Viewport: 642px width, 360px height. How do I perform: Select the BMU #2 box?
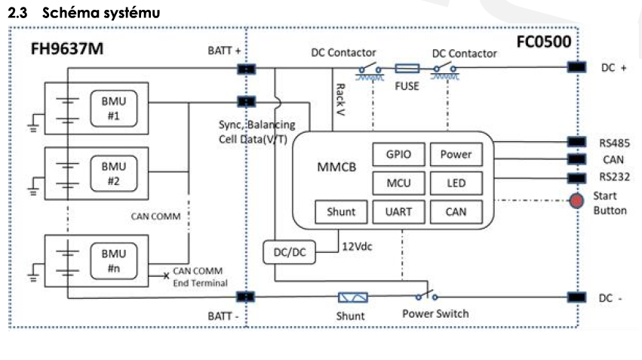click(113, 174)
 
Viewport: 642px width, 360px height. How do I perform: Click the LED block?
click(456, 183)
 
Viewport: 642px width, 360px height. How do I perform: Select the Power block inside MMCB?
click(456, 154)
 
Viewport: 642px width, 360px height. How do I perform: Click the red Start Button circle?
click(576, 202)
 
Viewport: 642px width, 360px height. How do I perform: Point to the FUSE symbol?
click(407, 68)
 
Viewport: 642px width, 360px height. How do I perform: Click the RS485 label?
click(616, 142)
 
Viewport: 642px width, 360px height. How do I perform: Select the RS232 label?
click(616, 178)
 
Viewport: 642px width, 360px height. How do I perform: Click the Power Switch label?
click(435, 313)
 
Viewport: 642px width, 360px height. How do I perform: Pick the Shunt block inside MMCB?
click(340, 212)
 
